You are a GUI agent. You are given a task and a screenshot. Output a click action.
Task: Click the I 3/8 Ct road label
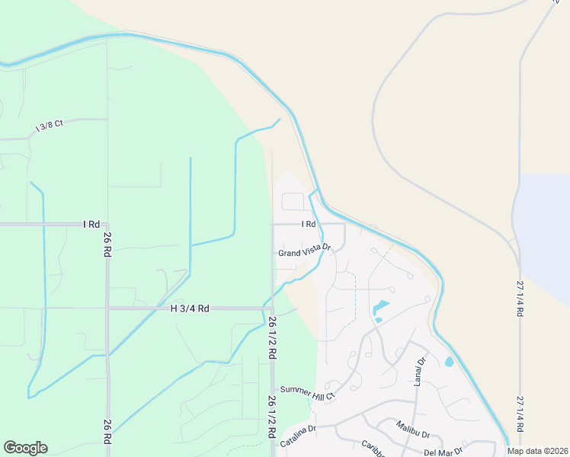coord(49,126)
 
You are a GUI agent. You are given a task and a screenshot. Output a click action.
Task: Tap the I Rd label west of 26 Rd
coord(91,225)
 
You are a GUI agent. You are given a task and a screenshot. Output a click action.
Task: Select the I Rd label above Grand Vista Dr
coord(308,224)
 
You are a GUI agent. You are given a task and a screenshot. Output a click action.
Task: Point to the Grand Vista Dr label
coord(304,251)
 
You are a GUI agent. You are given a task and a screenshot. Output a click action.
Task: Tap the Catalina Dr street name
coord(298,430)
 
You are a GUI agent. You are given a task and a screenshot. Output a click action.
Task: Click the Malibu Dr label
coord(413,429)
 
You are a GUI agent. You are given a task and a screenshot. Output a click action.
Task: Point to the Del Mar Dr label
coord(444,452)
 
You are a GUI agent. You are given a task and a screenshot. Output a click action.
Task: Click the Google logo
coord(25,448)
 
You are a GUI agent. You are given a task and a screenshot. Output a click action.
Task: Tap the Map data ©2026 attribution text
coord(538,451)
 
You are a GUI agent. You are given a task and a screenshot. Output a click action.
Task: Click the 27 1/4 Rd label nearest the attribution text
coord(521,414)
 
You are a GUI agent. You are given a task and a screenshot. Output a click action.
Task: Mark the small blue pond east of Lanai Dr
coord(449,361)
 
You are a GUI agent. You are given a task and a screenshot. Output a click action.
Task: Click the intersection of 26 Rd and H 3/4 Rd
coord(107,308)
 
